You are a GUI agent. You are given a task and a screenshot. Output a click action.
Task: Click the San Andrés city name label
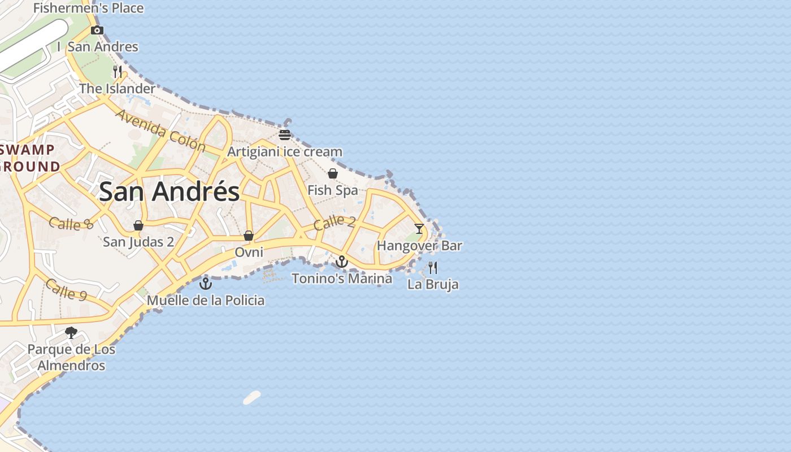coord(169,192)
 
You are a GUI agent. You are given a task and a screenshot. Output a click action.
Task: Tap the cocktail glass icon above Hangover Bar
coord(419,229)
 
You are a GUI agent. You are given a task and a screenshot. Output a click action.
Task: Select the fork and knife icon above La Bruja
coord(433,267)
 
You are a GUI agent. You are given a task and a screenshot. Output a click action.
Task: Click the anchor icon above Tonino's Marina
coord(341,262)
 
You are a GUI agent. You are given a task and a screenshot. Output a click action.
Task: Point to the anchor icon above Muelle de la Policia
coord(206,283)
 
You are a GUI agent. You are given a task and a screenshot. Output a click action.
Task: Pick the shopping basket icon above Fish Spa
coord(333,173)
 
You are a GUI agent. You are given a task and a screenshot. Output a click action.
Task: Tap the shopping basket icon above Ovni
coord(249,236)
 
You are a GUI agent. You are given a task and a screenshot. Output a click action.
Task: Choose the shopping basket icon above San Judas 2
coord(138,225)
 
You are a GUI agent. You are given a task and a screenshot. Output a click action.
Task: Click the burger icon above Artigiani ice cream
coord(285,135)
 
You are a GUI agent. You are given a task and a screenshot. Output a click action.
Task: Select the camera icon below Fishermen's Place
coord(97,30)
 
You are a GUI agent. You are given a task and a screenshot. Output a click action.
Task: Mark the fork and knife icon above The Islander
coord(118,72)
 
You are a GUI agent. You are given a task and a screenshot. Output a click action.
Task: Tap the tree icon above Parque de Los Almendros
coord(71,333)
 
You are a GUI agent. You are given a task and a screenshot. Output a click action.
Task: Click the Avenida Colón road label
coord(161,131)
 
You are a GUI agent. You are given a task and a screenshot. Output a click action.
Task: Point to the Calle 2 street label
coord(334,222)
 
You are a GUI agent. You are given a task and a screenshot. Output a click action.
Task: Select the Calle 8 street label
coord(71,223)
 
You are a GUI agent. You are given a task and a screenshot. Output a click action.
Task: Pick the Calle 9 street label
coord(66,290)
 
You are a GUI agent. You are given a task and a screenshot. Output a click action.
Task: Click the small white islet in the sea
coord(252,398)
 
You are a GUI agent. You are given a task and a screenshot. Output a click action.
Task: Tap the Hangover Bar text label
coord(419,246)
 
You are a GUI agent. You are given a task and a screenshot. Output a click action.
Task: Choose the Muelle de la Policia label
coord(206,300)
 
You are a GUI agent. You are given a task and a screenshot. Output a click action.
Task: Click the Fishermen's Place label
coord(89,8)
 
